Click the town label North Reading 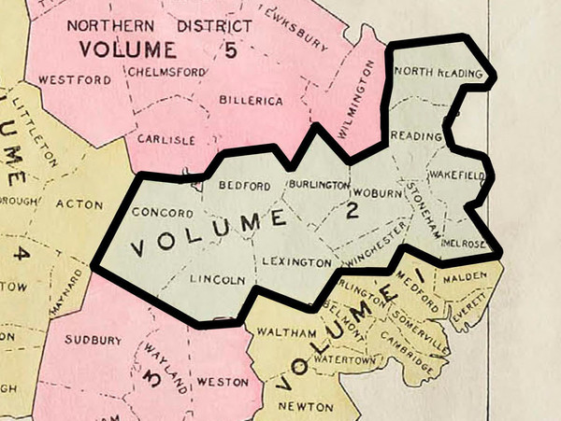tap(438, 73)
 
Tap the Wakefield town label tap(455, 175)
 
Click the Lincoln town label tap(217, 279)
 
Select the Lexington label tap(296, 261)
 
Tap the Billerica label tap(250, 100)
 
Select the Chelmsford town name tap(164, 71)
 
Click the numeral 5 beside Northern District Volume tap(230, 49)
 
